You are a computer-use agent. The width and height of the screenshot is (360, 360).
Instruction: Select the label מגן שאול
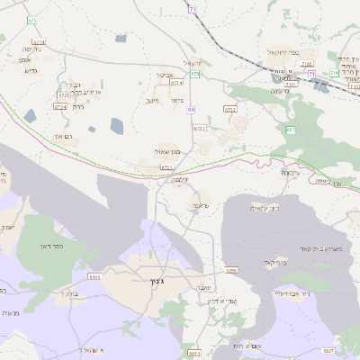[168, 151]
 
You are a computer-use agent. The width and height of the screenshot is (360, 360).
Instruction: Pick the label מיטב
[152, 100]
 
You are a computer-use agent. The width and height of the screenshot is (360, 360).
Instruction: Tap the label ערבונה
[289, 172]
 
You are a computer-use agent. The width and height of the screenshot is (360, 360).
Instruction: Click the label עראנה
[198, 206]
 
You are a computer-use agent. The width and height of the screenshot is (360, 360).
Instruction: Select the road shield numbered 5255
[231, 270]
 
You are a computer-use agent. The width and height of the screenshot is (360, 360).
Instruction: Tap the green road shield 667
[290, 131]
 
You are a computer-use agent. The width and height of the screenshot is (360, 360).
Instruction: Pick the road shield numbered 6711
[166, 167]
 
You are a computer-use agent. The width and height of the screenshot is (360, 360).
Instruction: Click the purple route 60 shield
[191, 109]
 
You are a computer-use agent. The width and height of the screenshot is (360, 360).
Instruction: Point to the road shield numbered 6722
[229, 109]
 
